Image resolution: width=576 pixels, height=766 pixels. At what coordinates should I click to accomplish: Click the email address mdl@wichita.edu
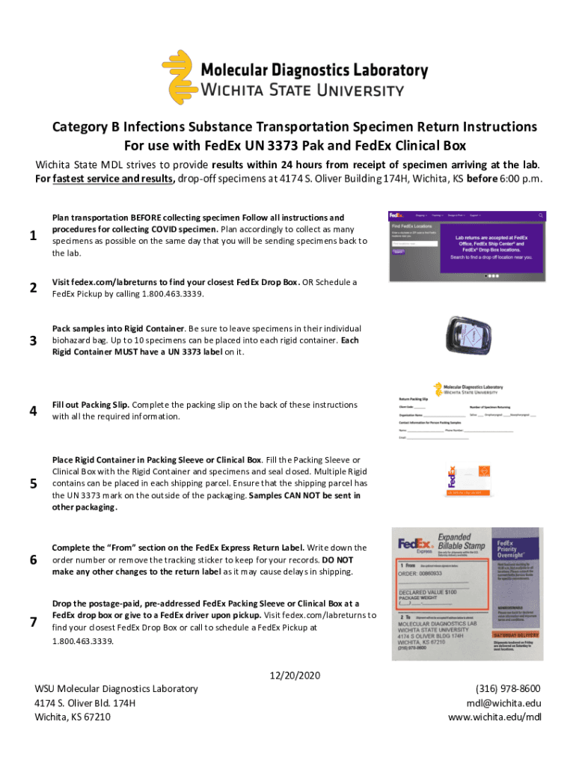(503, 703)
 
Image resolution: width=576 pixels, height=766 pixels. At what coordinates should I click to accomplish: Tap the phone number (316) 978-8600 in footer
(508, 689)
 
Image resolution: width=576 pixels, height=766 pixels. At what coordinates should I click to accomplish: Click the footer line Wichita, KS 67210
(73, 717)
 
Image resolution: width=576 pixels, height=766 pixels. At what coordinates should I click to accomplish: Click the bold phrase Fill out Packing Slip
(91, 405)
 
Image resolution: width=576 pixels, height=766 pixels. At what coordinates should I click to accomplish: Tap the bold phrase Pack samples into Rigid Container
(118, 328)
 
